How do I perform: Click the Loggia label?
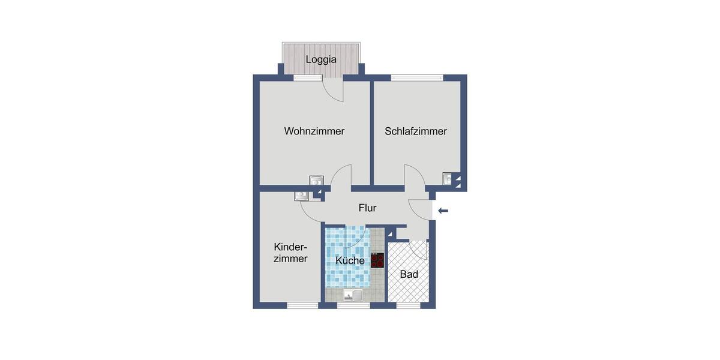point(321,59)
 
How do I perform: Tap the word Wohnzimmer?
point(314,131)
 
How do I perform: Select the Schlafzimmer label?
point(416,131)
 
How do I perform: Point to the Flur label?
point(367,208)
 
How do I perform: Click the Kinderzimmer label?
point(290,253)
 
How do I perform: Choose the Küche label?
point(350,260)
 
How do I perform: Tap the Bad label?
point(409,274)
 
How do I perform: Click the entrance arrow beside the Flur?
point(443,211)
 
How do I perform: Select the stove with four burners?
point(377,260)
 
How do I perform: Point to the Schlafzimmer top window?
point(416,77)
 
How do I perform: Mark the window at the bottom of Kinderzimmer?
point(302,305)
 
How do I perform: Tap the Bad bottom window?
point(408,305)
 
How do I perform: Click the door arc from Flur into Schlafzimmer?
point(415,175)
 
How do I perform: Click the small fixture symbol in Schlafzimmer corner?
point(448,177)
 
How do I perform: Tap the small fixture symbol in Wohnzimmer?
point(316,180)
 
